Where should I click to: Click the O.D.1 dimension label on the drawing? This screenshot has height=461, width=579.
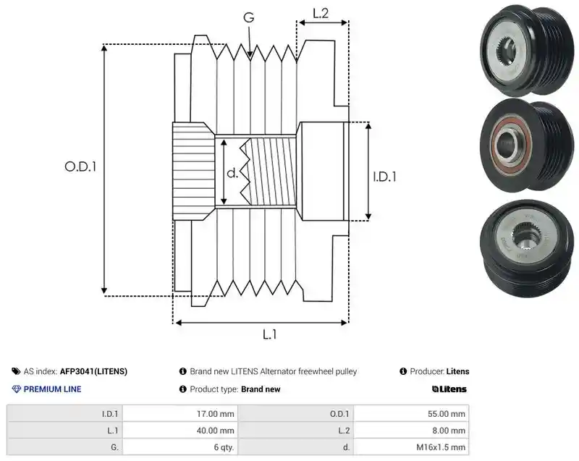[x=80, y=167]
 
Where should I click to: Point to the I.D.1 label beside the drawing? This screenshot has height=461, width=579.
[x=384, y=177]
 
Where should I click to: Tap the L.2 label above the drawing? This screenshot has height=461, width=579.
[x=321, y=13]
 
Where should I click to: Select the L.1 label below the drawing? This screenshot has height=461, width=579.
[x=269, y=334]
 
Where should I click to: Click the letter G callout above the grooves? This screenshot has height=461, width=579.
[x=249, y=17]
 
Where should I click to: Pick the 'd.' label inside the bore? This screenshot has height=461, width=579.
[x=232, y=173]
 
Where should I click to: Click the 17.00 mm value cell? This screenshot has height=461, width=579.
[x=180, y=414]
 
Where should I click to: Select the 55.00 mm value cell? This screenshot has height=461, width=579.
[x=411, y=414]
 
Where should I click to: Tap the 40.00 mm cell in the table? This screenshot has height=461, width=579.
[x=180, y=431]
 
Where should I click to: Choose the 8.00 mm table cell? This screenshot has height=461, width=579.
[x=411, y=431]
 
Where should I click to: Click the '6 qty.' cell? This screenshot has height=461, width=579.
[x=180, y=447]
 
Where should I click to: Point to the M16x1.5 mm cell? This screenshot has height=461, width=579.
[x=411, y=447]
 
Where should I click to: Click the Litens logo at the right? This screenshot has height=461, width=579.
[x=449, y=389]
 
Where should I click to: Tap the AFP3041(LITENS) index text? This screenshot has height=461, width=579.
[x=93, y=371]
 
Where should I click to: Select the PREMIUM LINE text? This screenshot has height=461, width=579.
[x=52, y=389]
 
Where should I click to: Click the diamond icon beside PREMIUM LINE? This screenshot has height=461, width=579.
[x=17, y=389]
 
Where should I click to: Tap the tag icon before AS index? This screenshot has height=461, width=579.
[x=16, y=371]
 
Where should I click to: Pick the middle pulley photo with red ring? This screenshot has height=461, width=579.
[x=527, y=145]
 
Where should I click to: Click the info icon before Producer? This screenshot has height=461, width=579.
[x=403, y=371]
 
